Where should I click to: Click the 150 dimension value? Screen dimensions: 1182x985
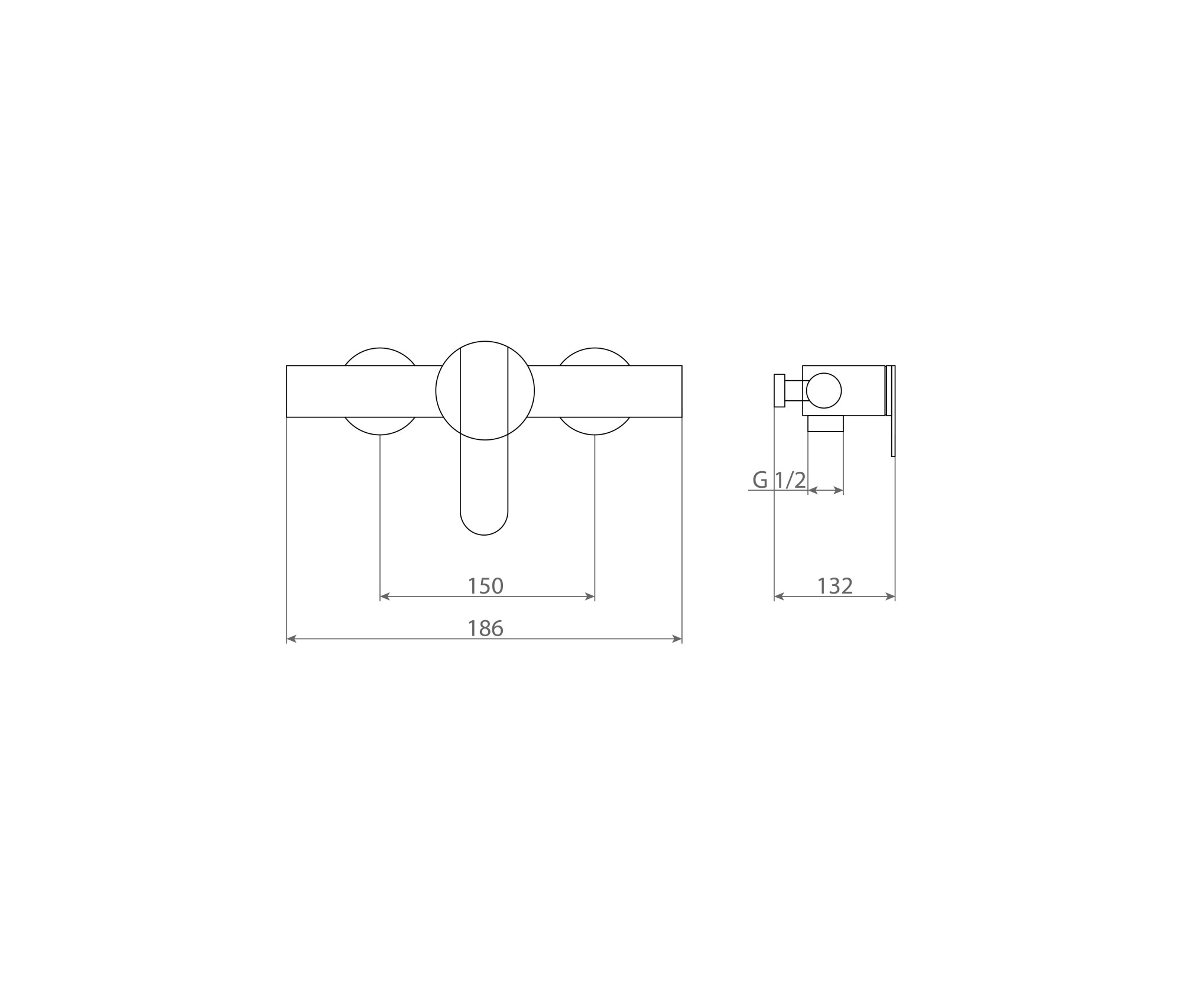point(485,586)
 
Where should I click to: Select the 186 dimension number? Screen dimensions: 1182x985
point(485,628)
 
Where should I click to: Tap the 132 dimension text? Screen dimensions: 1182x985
point(834,586)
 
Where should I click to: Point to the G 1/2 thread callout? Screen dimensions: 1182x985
point(779,480)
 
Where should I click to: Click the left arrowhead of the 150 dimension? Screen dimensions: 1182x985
point(384,597)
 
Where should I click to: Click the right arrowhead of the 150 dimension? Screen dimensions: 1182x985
point(590,597)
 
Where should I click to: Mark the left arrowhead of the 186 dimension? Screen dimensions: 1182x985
point(291,639)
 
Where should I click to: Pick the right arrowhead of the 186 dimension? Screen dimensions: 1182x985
point(677,639)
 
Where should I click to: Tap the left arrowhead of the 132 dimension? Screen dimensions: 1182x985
point(778,597)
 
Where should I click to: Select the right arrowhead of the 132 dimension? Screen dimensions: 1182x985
point(891,597)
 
